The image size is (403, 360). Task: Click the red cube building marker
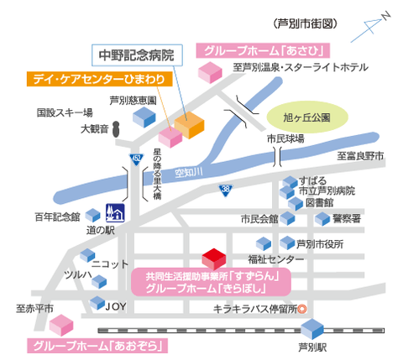click(x=214, y=259)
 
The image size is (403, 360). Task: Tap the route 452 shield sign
click(x=136, y=159)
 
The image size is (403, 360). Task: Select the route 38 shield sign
click(x=226, y=190)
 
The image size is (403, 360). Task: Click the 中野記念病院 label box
click(x=137, y=55)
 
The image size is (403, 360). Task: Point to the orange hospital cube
click(x=189, y=125)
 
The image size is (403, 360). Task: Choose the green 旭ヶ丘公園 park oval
click(x=307, y=117)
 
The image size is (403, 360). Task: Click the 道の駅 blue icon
click(x=115, y=213)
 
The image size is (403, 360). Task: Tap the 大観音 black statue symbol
click(x=116, y=129)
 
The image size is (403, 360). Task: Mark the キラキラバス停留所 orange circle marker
click(x=302, y=309)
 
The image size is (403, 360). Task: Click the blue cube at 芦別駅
click(x=312, y=329)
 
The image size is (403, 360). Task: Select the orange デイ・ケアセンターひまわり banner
click(x=100, y=79)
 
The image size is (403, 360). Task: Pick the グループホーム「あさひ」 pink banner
click(x=263, y=50)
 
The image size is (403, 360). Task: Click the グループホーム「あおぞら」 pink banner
click(x=97, y=346)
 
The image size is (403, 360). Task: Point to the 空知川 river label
click(x=189, y=173)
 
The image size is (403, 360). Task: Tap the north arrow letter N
click(x=386, y=16)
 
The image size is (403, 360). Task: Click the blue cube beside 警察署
click(x=322, y=219)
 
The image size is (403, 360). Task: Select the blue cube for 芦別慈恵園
click(x=144, y=117)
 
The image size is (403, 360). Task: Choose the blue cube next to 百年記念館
click(x=92, y=216)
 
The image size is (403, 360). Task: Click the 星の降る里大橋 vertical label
click(x=157, y=174)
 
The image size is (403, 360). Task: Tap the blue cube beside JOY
click(x=97, y=303)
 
